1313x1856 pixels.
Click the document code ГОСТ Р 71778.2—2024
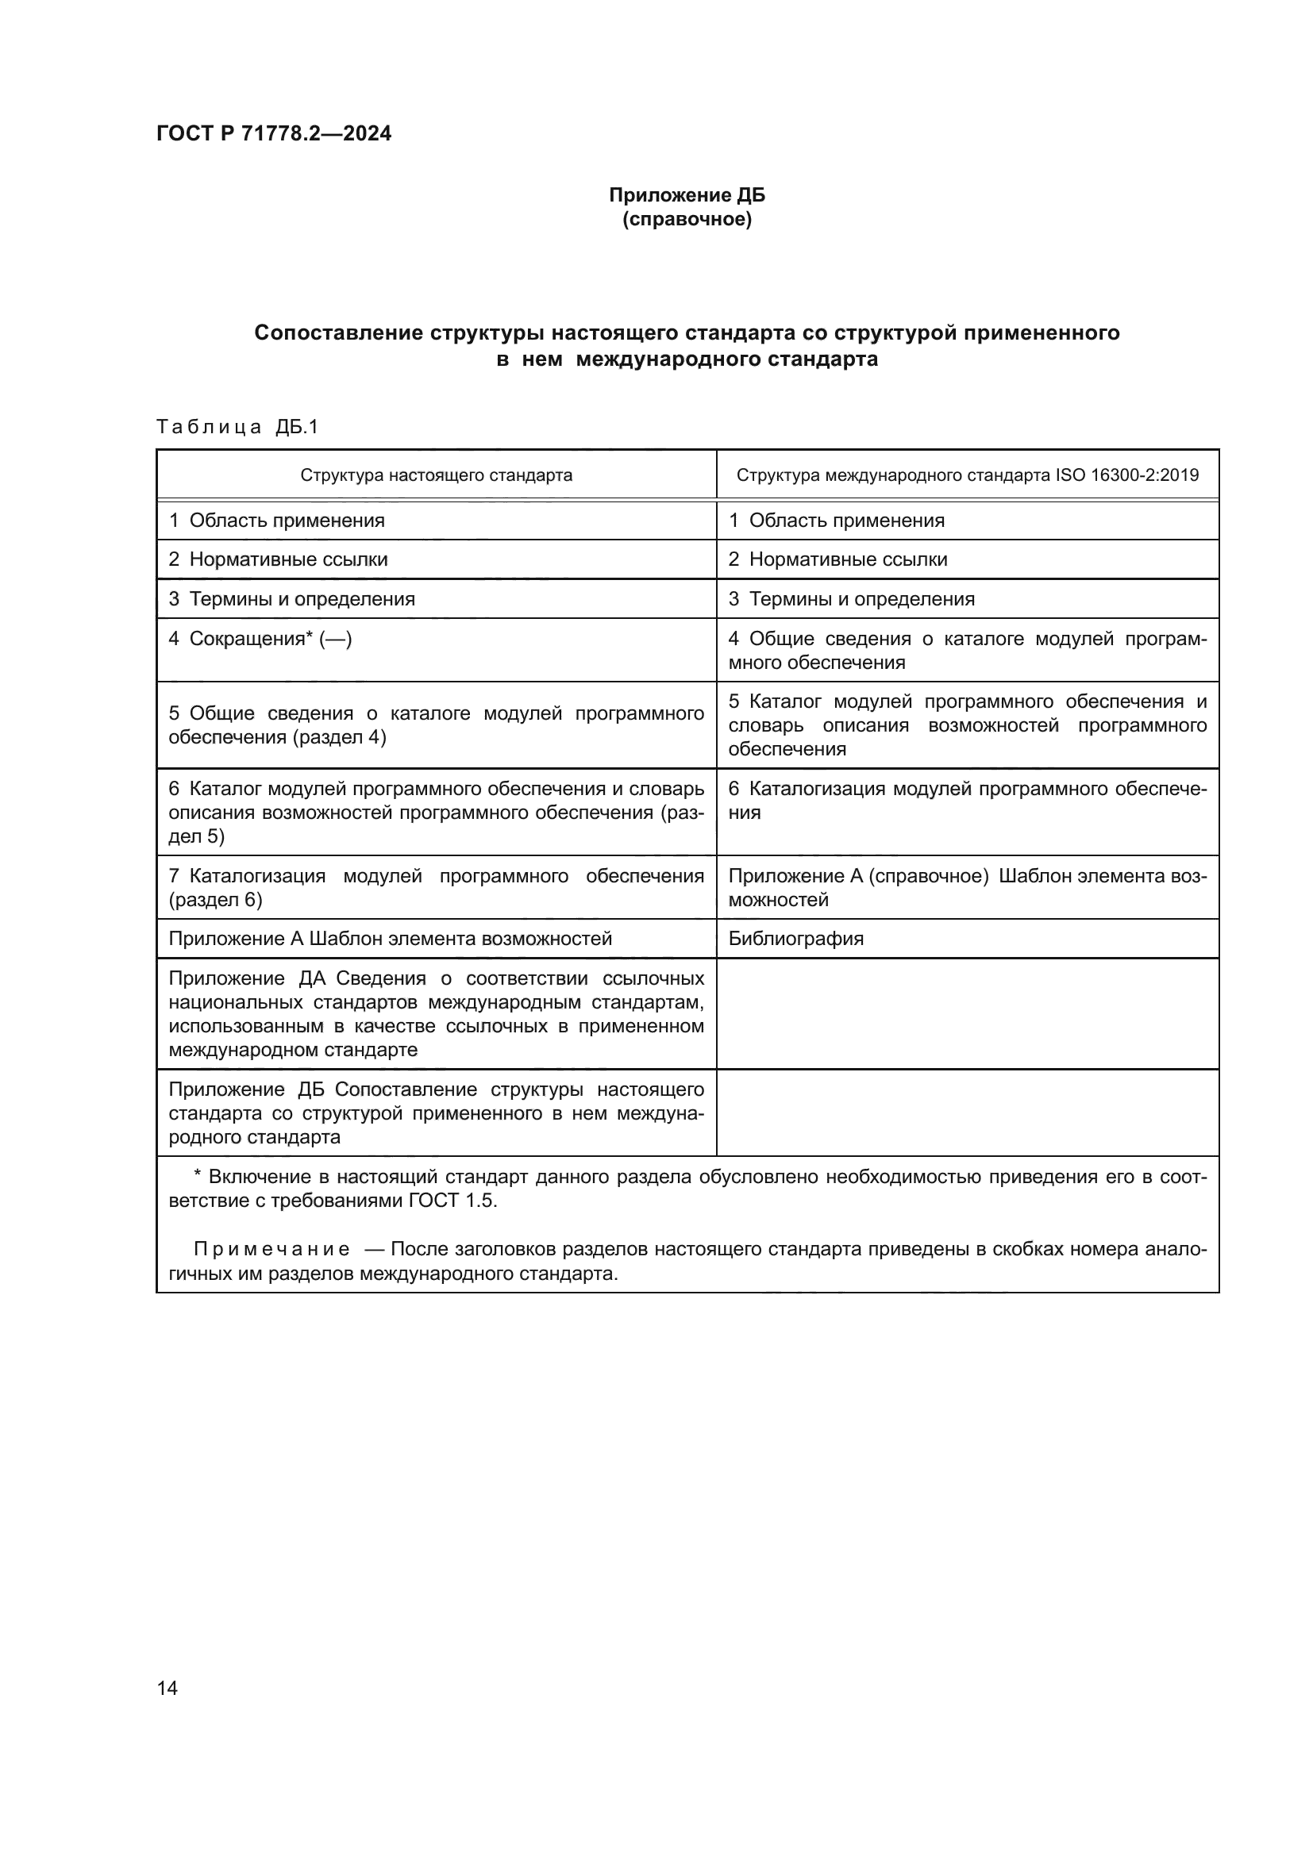tap(273, 133)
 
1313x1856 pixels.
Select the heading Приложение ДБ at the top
tap(687, 196)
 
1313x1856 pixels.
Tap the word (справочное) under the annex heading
tap(687, 220)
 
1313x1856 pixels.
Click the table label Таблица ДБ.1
tap(237, 427)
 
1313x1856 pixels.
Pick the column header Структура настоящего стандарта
tap(436, 475)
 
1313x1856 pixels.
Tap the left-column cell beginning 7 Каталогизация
tap(436, 888)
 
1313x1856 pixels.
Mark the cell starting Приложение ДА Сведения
tap(436, 1013)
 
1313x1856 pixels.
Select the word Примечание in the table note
tap(271, 1250)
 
